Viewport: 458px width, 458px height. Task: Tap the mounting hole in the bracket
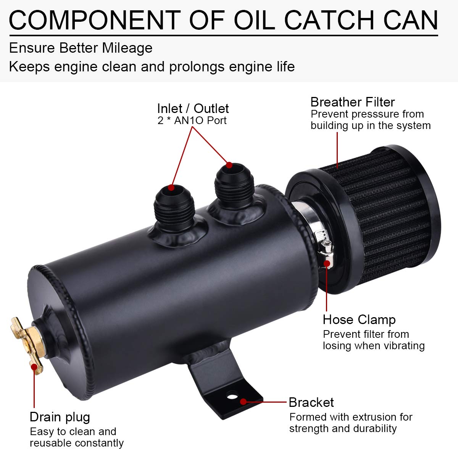tap(231, 396)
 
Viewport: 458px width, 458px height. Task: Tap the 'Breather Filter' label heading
tap(352, 102)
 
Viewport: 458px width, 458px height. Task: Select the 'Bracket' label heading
tap(311, 402)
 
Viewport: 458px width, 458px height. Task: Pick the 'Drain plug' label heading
tap(60, 417)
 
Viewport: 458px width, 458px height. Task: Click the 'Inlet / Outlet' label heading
tap(193, 108)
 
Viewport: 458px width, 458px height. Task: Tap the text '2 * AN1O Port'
tap(192, 121)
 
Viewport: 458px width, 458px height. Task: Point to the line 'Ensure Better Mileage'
tap(81, 48)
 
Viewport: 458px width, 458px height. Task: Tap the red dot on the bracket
tap(243, 402)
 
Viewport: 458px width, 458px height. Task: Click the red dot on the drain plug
tap(34, 367)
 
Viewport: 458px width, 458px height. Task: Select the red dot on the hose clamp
tap(327, 263)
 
